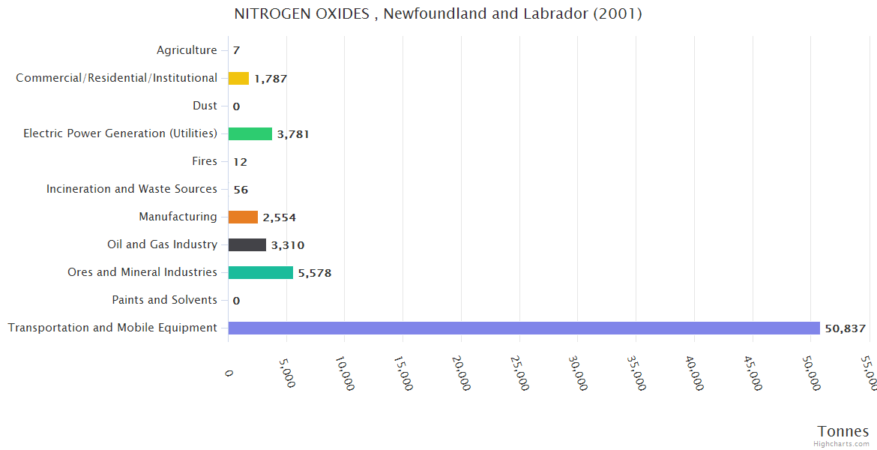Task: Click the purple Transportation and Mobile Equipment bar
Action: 524,328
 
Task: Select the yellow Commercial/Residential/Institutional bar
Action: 238,78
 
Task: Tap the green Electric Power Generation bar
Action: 250,133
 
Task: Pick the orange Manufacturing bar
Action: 243,217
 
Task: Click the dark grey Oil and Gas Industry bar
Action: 247,244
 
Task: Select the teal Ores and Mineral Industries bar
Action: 261,272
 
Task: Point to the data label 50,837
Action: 845,328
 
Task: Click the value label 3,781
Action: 293,134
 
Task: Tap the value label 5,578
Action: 315,273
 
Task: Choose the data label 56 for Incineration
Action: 241,190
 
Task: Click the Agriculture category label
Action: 187,50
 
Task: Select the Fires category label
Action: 205,161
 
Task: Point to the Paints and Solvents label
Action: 164,300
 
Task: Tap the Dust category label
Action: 205,106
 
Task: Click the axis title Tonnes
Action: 843,431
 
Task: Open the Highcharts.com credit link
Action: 842,444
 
